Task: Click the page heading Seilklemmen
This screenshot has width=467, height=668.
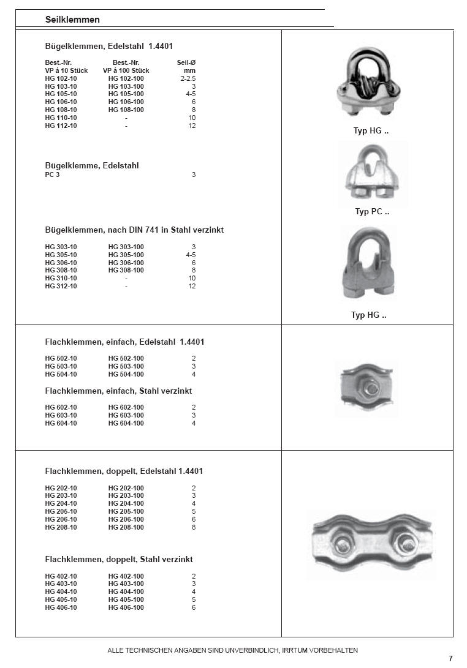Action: [72, 20]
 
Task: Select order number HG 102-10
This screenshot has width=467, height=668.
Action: [61, 78]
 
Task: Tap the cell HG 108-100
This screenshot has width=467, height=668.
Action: [126, 110]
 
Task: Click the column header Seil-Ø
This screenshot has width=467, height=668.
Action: [186, 63]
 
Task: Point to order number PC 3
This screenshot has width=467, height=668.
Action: [52, 175]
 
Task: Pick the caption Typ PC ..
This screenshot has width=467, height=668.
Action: [371, 212]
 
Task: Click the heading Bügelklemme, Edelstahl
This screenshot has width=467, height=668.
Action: [92, 166]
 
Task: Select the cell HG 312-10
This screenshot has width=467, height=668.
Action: [61, 287]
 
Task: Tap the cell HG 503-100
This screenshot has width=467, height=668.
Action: [126, 366]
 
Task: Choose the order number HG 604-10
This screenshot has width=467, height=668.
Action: [61, 423]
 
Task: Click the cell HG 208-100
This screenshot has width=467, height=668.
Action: [126, 527]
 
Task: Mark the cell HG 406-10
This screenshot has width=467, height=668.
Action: [61, 607]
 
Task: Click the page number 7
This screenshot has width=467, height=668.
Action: [450, 659]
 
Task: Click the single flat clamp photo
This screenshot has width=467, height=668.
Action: [366, 389]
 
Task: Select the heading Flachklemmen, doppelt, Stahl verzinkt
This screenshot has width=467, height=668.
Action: [119, 560]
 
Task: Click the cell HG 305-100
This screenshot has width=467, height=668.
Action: [126, 255]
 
